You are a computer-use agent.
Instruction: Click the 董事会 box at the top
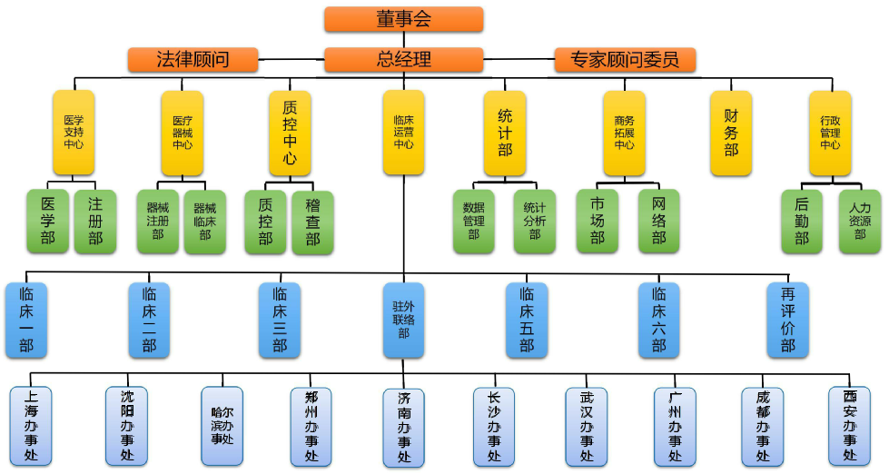point(403,19)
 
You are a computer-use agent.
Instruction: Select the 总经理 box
point(403,60)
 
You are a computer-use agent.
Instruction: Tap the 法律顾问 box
point(193,60)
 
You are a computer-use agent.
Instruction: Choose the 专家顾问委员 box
point(625,60)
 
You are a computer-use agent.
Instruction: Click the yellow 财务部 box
point(731,132)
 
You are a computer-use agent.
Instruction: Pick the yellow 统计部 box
point(505,132)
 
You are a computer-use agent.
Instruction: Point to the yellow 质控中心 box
point(290,132)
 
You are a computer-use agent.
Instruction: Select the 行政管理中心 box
point(830,132)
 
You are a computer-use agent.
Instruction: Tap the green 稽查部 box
point(312,221)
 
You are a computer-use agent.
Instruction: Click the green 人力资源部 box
point(859,221)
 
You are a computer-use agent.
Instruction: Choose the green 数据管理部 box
point(473,221)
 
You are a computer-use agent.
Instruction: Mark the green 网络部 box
point(658,221)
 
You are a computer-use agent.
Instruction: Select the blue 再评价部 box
point(787,320)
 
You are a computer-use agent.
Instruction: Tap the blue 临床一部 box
point(25,320)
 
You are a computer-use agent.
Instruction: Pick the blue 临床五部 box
point(527,320)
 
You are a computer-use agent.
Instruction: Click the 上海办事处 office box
point(31,425)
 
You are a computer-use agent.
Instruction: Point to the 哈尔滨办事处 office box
point(222,425)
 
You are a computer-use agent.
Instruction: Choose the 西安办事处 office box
point(849,425)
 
